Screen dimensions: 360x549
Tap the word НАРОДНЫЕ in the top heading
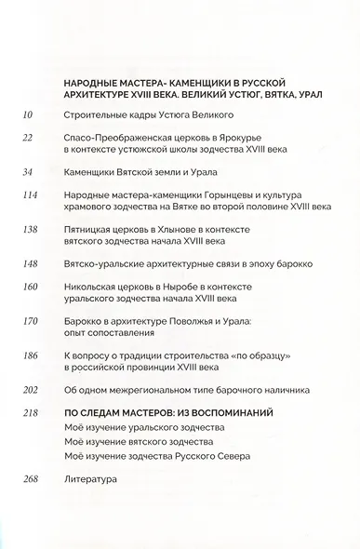(x=94, y=83)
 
